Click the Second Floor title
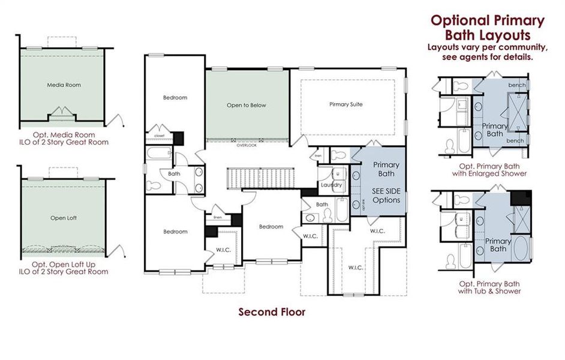coord(272,312)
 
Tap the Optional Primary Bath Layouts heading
coord(488,28)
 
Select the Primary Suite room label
coord(346,104)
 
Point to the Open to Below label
coord(246,105)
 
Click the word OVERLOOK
coord(247,145)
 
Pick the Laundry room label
coord(331,185)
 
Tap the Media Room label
coord(64,85)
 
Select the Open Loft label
coord(64,218)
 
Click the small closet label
coord(160,136)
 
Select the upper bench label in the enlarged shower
coord(516,85)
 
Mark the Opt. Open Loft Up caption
coord(64,268)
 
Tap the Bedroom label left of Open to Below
coord(175,97)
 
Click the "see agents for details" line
coord(488,58)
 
